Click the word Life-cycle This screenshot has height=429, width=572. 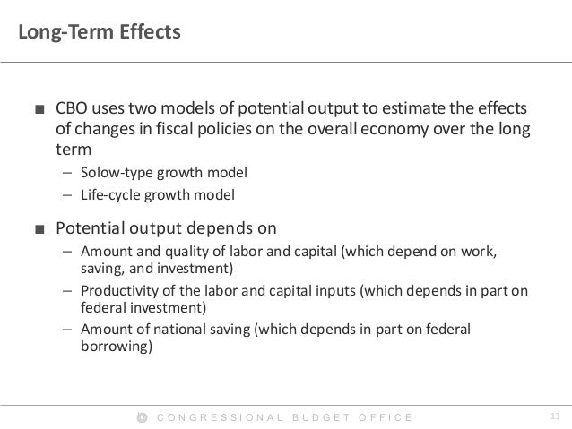click(107, 193)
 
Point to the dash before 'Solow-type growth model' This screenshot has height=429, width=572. click(66, 171)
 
